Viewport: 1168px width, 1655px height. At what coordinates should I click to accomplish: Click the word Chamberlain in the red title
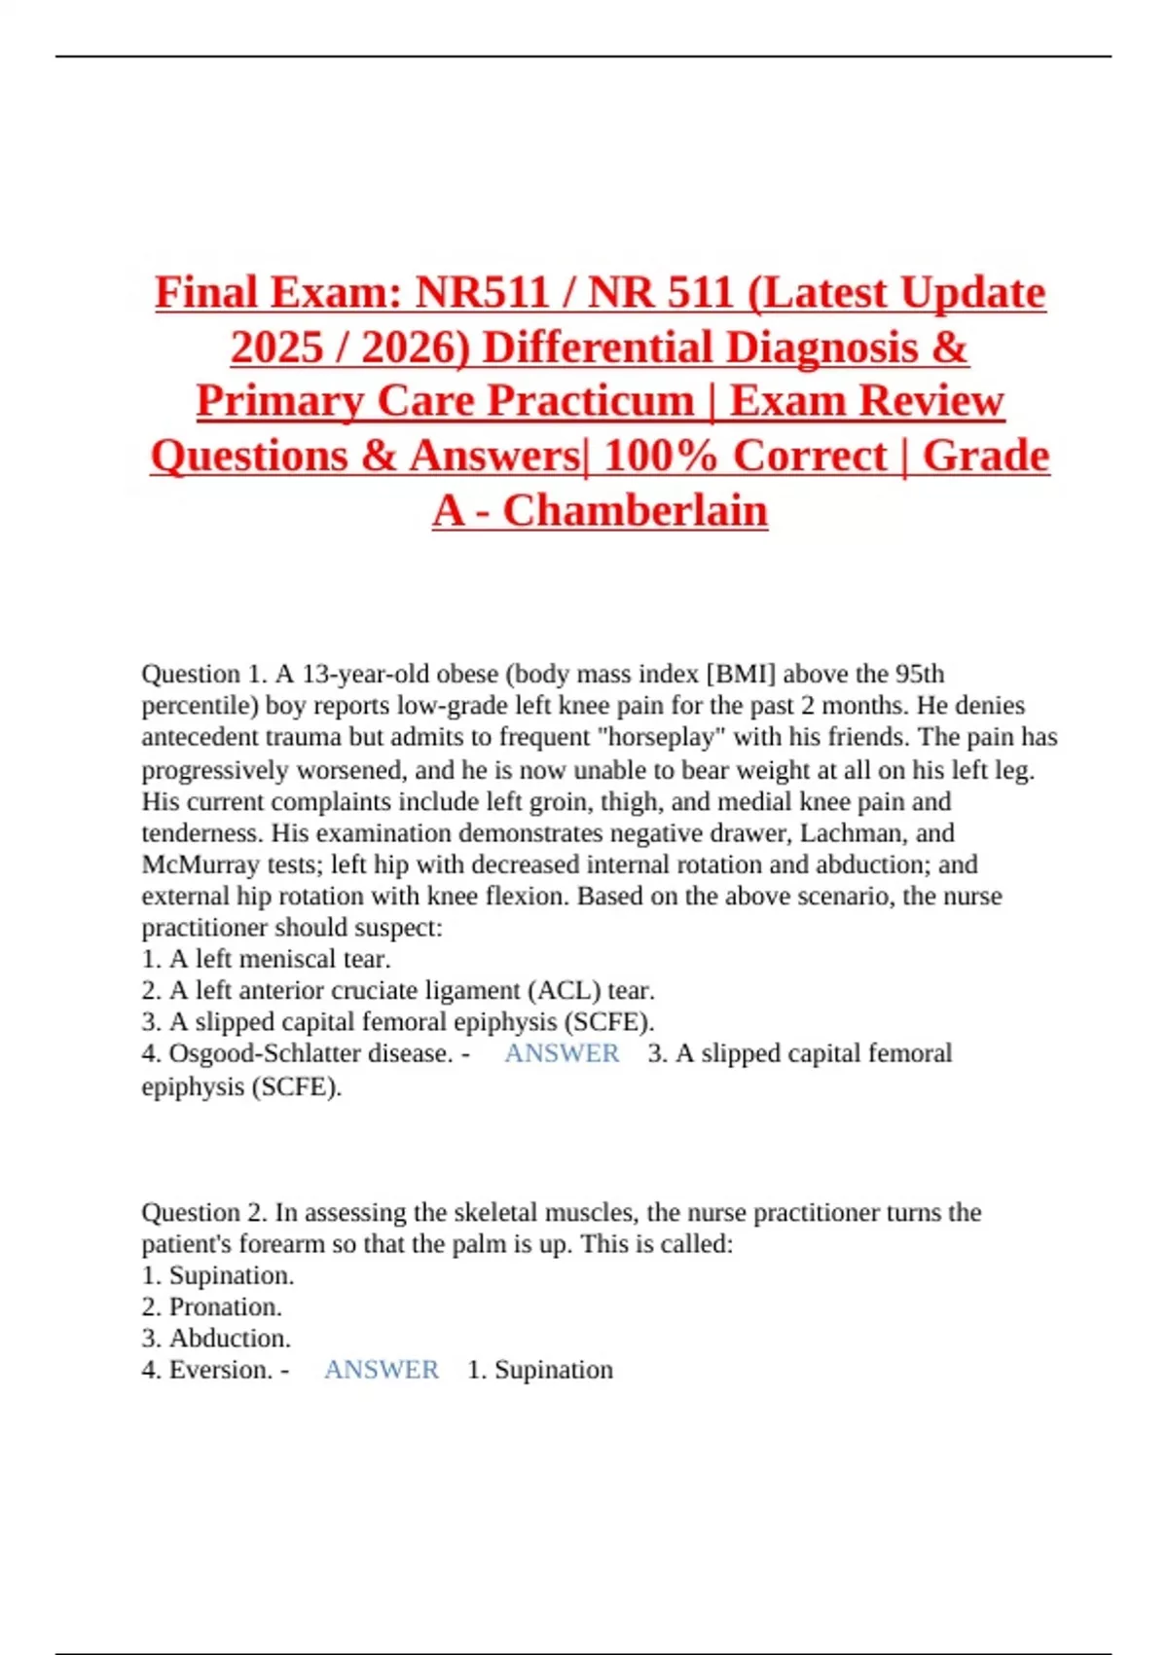tap(635, 510)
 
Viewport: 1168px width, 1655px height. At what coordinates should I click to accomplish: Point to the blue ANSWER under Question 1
tap(562, 1053)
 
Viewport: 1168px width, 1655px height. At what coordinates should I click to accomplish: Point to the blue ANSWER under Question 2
tap(382, 1370)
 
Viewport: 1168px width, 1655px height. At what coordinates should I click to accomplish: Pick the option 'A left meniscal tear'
tap(279, 959)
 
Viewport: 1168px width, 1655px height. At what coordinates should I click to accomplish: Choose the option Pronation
tap(225, 1306)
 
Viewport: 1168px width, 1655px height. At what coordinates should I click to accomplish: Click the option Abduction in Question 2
tap(230, 1338)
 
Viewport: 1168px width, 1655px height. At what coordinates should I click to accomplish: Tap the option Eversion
tap(220, 1370)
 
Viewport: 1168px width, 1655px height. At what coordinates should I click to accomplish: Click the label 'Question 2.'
tap(203, 1212)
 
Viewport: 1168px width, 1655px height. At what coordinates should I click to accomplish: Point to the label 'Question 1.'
tap(203, 674)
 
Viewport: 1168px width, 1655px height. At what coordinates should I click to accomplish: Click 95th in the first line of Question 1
tap(919, 674)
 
